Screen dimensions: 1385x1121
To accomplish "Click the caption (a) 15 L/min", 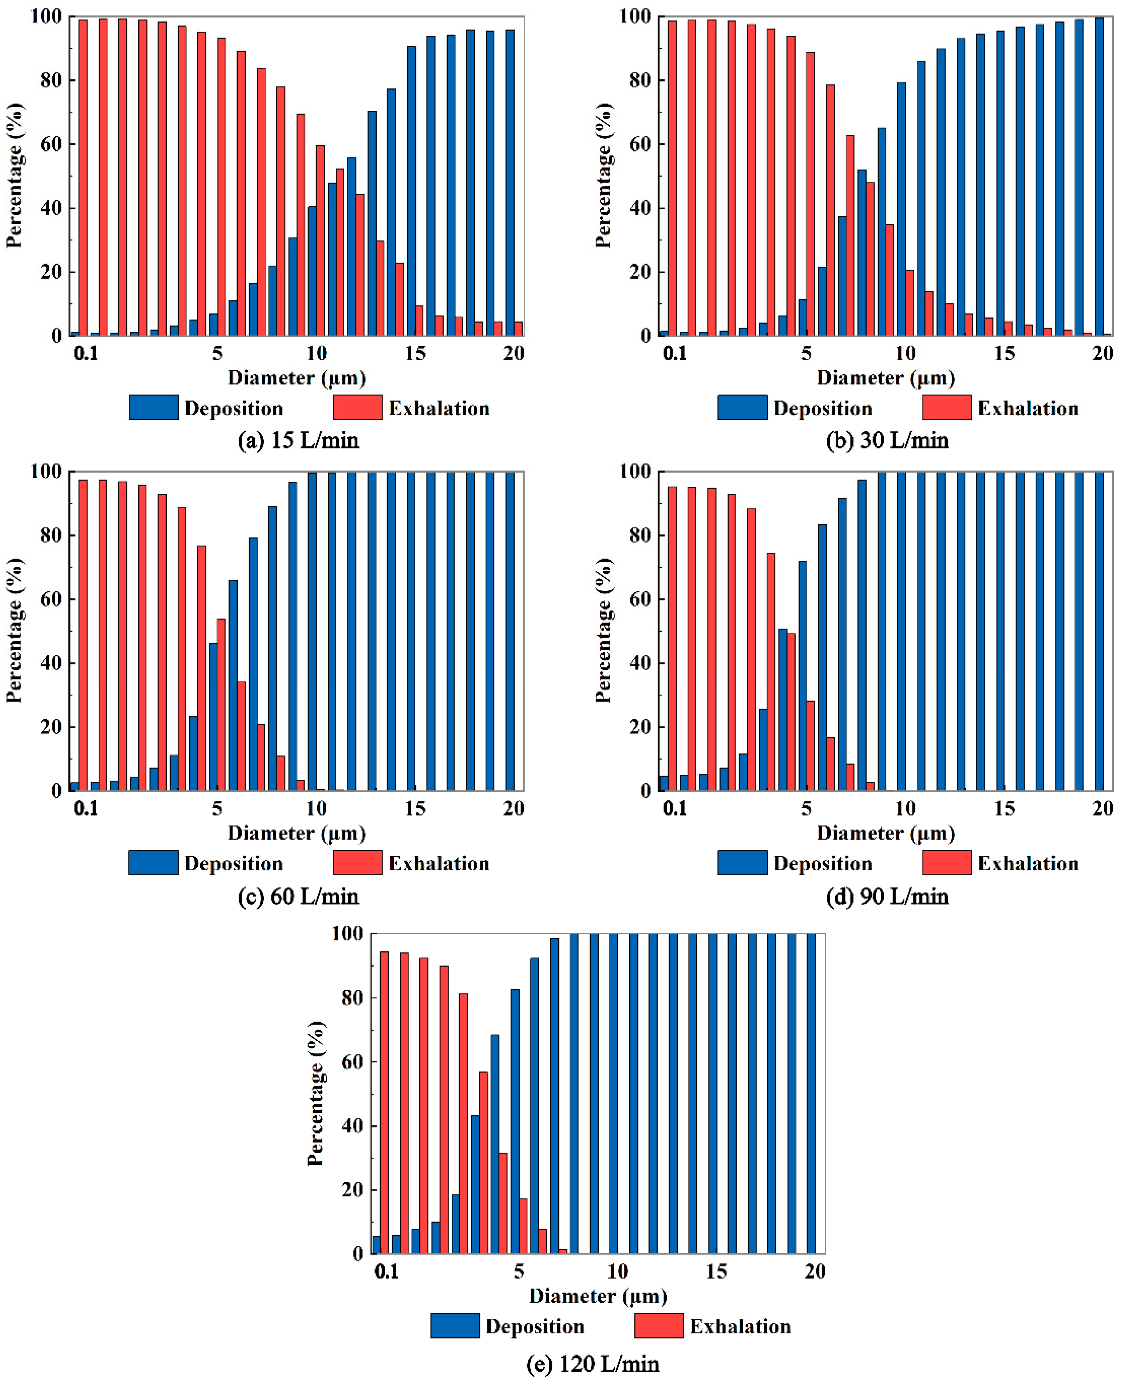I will (x=298, y=441).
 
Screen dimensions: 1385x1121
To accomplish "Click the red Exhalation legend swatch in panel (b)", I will (x=947, y=408).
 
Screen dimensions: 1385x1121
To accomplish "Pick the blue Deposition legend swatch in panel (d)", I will (x=742, y=863).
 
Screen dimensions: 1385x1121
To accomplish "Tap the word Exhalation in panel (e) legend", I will (x=740, y=1326).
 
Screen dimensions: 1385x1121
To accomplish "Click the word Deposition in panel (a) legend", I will (x=234, y=408).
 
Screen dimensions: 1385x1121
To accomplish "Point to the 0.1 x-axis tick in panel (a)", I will (x=86, y=354).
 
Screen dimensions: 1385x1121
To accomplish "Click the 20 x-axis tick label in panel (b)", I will (x=1102, y=354).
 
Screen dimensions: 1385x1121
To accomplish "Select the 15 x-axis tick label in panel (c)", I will (x=415, y=809).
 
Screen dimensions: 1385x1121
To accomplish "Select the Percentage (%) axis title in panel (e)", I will (x=316, y=1093).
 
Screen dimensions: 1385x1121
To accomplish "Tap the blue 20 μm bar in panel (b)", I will (x=1099, y=176).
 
